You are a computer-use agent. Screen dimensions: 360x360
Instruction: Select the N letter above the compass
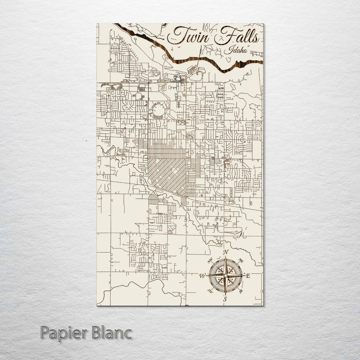pos(226,252)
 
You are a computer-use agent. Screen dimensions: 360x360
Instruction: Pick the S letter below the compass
pos(225,299)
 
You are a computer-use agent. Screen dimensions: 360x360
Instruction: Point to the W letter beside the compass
pos(202,276)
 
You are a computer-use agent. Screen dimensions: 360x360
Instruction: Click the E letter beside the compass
pos(248,276)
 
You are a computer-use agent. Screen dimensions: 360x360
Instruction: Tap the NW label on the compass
pos(210,261)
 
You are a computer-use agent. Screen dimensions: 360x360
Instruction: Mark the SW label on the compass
pos(210,291)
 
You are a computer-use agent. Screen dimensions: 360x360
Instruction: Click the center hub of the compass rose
pos(225,276)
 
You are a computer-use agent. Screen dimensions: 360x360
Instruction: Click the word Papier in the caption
pos(63,333)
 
